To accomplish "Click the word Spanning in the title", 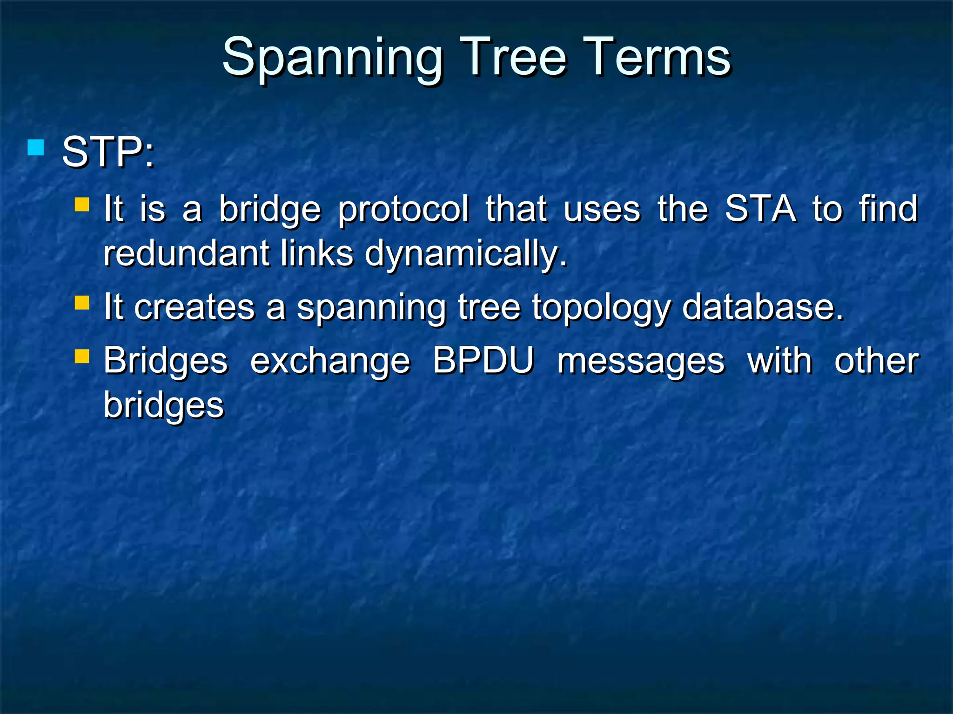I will click(x=332, y=58).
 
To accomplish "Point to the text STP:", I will click(x=108, y=152).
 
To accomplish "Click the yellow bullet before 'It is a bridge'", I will click(x=82, y=205).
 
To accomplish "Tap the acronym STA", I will click(x=760, y=209).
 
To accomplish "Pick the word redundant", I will click(x=186, y=254).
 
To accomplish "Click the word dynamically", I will click(x=466, y=255).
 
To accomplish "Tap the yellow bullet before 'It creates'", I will click(x=82, y=303).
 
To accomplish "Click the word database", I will click(x=762, y=308).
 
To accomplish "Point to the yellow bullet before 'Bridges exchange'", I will click(x=82, y=357).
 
